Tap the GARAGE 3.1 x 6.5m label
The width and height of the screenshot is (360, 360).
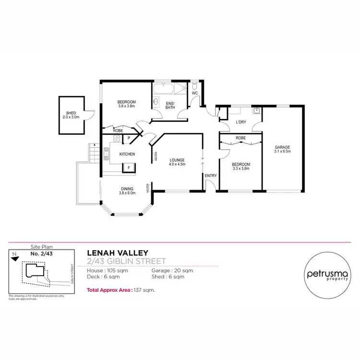point(283,149)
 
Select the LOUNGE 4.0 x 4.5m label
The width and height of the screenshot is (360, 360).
point(177,162)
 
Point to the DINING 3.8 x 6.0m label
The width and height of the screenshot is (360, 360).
point(127,191)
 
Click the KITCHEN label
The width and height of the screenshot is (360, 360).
point(127,154)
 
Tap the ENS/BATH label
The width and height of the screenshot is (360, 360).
point(170,105)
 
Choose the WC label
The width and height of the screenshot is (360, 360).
point(195,94)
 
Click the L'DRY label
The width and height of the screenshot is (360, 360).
point(240,122)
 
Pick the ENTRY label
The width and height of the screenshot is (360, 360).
point(211,176)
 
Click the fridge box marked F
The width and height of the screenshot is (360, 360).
point(128,168)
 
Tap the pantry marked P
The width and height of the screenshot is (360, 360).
point(128,139)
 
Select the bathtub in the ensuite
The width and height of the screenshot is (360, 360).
point(164,89)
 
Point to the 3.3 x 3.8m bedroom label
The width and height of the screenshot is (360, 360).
point(241,166)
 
